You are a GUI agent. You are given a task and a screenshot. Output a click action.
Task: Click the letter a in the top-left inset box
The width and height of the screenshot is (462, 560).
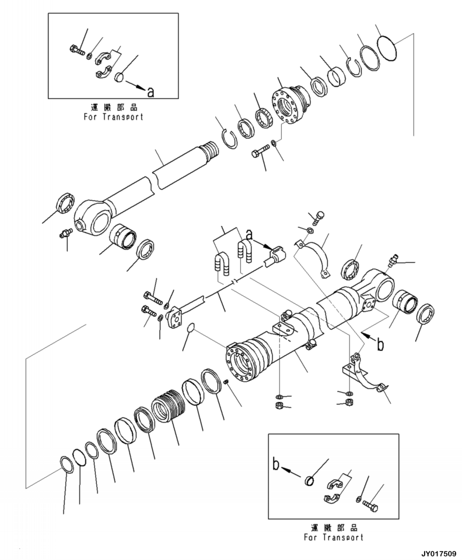[150, 92]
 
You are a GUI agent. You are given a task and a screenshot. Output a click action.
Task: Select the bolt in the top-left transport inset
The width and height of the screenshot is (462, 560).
[76, 50]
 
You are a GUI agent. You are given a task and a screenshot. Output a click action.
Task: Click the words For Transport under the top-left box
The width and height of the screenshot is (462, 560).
[113, 117]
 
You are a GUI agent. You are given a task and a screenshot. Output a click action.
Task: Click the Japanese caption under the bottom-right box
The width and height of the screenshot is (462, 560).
[334, 527]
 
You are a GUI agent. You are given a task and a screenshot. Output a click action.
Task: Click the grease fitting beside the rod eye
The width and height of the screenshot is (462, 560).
[65, 234]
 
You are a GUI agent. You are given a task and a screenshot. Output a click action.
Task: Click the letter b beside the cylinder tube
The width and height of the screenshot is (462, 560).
[381, 344]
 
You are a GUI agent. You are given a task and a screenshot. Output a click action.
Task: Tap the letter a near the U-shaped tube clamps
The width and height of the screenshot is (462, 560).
[249, 235]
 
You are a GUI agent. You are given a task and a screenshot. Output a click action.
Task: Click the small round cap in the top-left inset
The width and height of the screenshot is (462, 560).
[120, 77]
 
